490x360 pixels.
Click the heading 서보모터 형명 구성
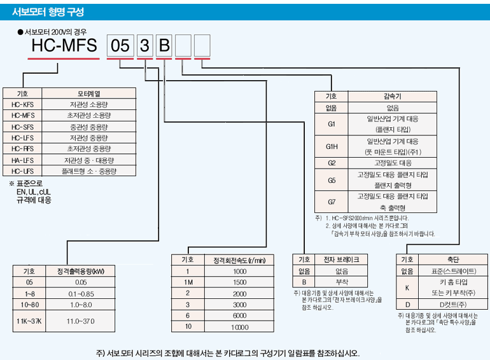point(48,12)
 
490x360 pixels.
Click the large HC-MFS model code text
point(64,46)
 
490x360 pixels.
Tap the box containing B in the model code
point(164,46)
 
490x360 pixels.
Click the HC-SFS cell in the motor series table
point(23,127)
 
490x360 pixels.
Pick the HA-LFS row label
point(23,160)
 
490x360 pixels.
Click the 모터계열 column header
point(88,93)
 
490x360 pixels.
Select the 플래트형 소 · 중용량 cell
point(88,171)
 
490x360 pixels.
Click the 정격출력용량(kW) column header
point(81,271)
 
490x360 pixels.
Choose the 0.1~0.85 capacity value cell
point(81,293)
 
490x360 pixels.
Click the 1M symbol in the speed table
point(188,282)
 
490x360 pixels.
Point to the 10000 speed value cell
point(239,326)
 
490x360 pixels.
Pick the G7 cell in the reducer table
point(332,202)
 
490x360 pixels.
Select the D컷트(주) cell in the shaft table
point(452,304)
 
